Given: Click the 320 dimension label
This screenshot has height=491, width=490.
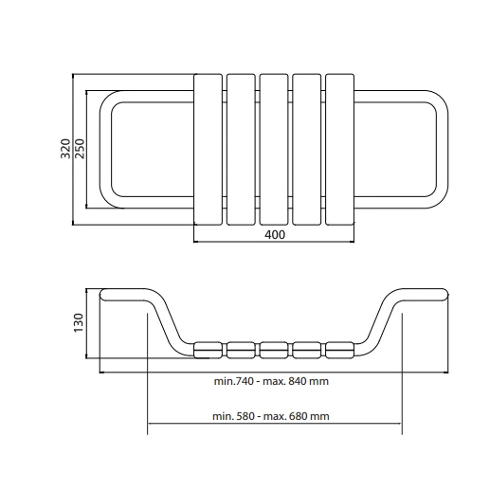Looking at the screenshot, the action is coord(65,149).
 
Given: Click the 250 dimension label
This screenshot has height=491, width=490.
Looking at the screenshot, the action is coord(80,149).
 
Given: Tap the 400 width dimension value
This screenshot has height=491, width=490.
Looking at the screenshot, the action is coord(275,235).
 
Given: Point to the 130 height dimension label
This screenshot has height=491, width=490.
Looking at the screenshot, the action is coord(78,322).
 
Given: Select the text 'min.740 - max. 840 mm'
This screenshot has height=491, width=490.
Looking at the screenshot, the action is coord(271,381).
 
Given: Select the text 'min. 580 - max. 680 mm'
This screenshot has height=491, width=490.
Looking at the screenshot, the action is coord(271,416).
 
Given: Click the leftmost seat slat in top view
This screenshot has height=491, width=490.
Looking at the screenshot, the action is coord(208,150).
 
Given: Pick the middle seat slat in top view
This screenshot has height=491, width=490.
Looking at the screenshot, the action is coord(274,150).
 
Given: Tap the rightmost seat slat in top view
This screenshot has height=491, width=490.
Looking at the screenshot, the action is coord(339,150).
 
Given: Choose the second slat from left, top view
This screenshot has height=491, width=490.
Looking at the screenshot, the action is coord(241,150).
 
